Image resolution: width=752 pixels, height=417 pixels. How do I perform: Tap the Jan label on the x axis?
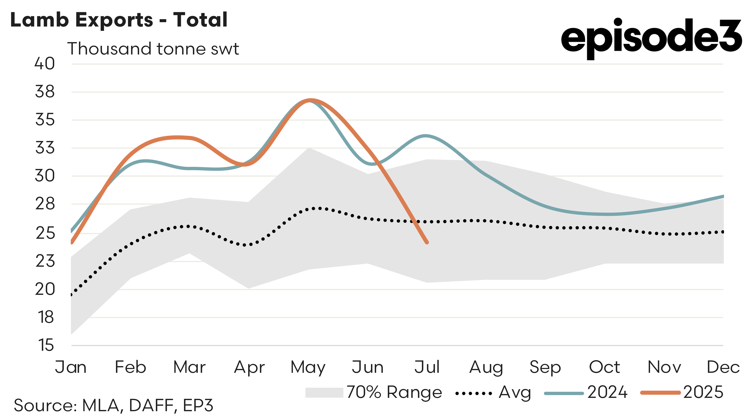pyautogui.click(x=71, y=367)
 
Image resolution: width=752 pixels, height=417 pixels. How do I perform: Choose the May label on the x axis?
pyautogui.click(x=308, y=367)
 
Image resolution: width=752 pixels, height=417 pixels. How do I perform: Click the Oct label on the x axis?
pyautogui.click(x=604, y=367)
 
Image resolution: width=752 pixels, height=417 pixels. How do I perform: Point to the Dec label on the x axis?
pyautogui.click(x=723, y=367)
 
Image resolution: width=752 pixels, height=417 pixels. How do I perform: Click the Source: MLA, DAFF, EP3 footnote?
pyautogui.click(x=113, y=405)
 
